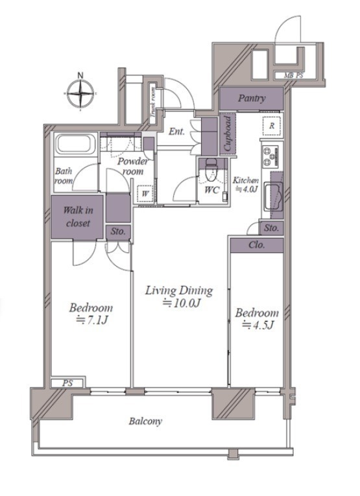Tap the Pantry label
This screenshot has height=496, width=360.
tap(252, 98)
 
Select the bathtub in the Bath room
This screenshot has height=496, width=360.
tap(76, 145)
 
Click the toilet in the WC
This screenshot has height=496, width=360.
tap(211, 170)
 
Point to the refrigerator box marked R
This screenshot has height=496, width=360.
tap(271, 126)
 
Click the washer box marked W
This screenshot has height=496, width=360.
tap(145, 193)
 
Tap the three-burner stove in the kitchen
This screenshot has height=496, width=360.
tap(270, 157)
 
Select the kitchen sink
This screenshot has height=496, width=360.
tap(273, 196)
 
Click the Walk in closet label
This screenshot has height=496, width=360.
tap(78, 217)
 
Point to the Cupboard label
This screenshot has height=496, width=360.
tap(228, 134)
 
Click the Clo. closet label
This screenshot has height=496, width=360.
tap(257, 245)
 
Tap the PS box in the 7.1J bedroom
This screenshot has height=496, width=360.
tap(67, 383)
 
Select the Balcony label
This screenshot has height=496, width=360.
tap(145, 421)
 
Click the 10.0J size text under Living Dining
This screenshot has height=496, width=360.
tap(181, 303)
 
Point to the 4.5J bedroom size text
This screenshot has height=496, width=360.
tap(258, 325)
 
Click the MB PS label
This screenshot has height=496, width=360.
tap(293, 75)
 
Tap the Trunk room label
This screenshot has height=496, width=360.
tap(152, 102)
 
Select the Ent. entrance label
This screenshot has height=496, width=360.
tap(176, 131)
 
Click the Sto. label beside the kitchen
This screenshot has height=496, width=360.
tap(271, 228)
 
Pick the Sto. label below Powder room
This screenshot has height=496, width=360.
tap(118, 231)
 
